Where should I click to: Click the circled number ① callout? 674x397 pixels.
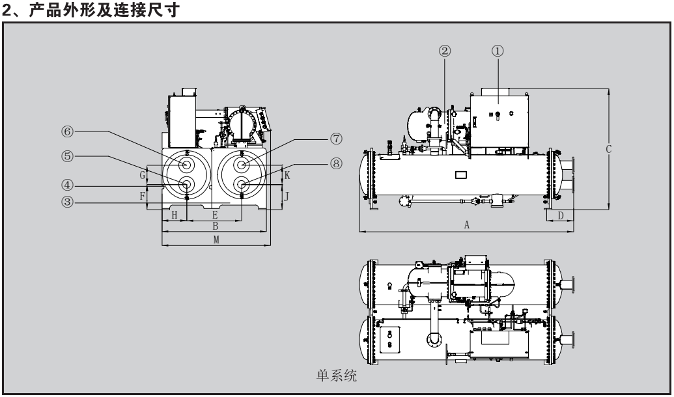point(500,52)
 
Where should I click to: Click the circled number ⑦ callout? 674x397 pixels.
point(335,139)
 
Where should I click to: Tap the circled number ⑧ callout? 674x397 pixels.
point(335,164)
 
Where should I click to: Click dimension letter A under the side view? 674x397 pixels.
point(466,225)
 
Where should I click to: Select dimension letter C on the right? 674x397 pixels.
point(608,148)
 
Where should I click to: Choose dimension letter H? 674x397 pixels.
point(174,214)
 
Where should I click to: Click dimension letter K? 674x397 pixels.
point(287,176)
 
